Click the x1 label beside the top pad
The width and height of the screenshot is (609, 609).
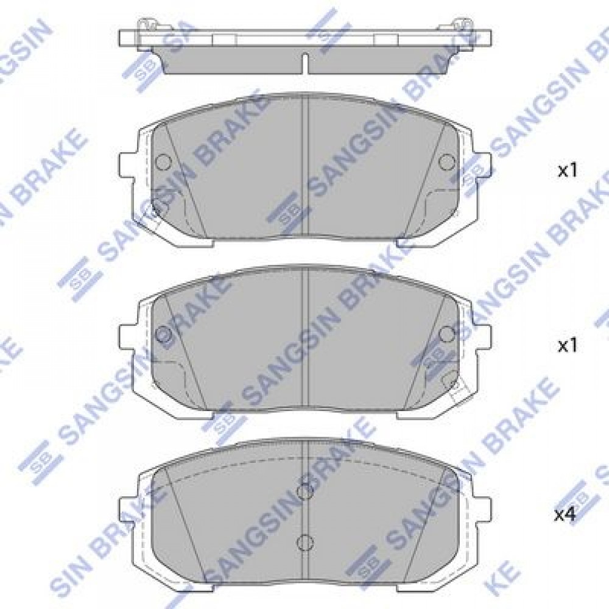pos(568,171)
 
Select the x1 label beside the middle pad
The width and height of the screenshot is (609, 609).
pos(568,345)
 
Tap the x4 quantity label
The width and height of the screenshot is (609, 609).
pos(565,515)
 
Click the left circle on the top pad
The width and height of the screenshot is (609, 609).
pos(163,161)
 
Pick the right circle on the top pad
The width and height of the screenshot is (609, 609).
pos(446,161)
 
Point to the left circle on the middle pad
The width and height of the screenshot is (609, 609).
pos(163,334)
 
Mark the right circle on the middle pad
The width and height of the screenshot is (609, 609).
pos(446,334)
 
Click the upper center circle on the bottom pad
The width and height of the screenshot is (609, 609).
pos(304,491)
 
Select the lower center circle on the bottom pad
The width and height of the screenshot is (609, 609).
pos(304,541)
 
